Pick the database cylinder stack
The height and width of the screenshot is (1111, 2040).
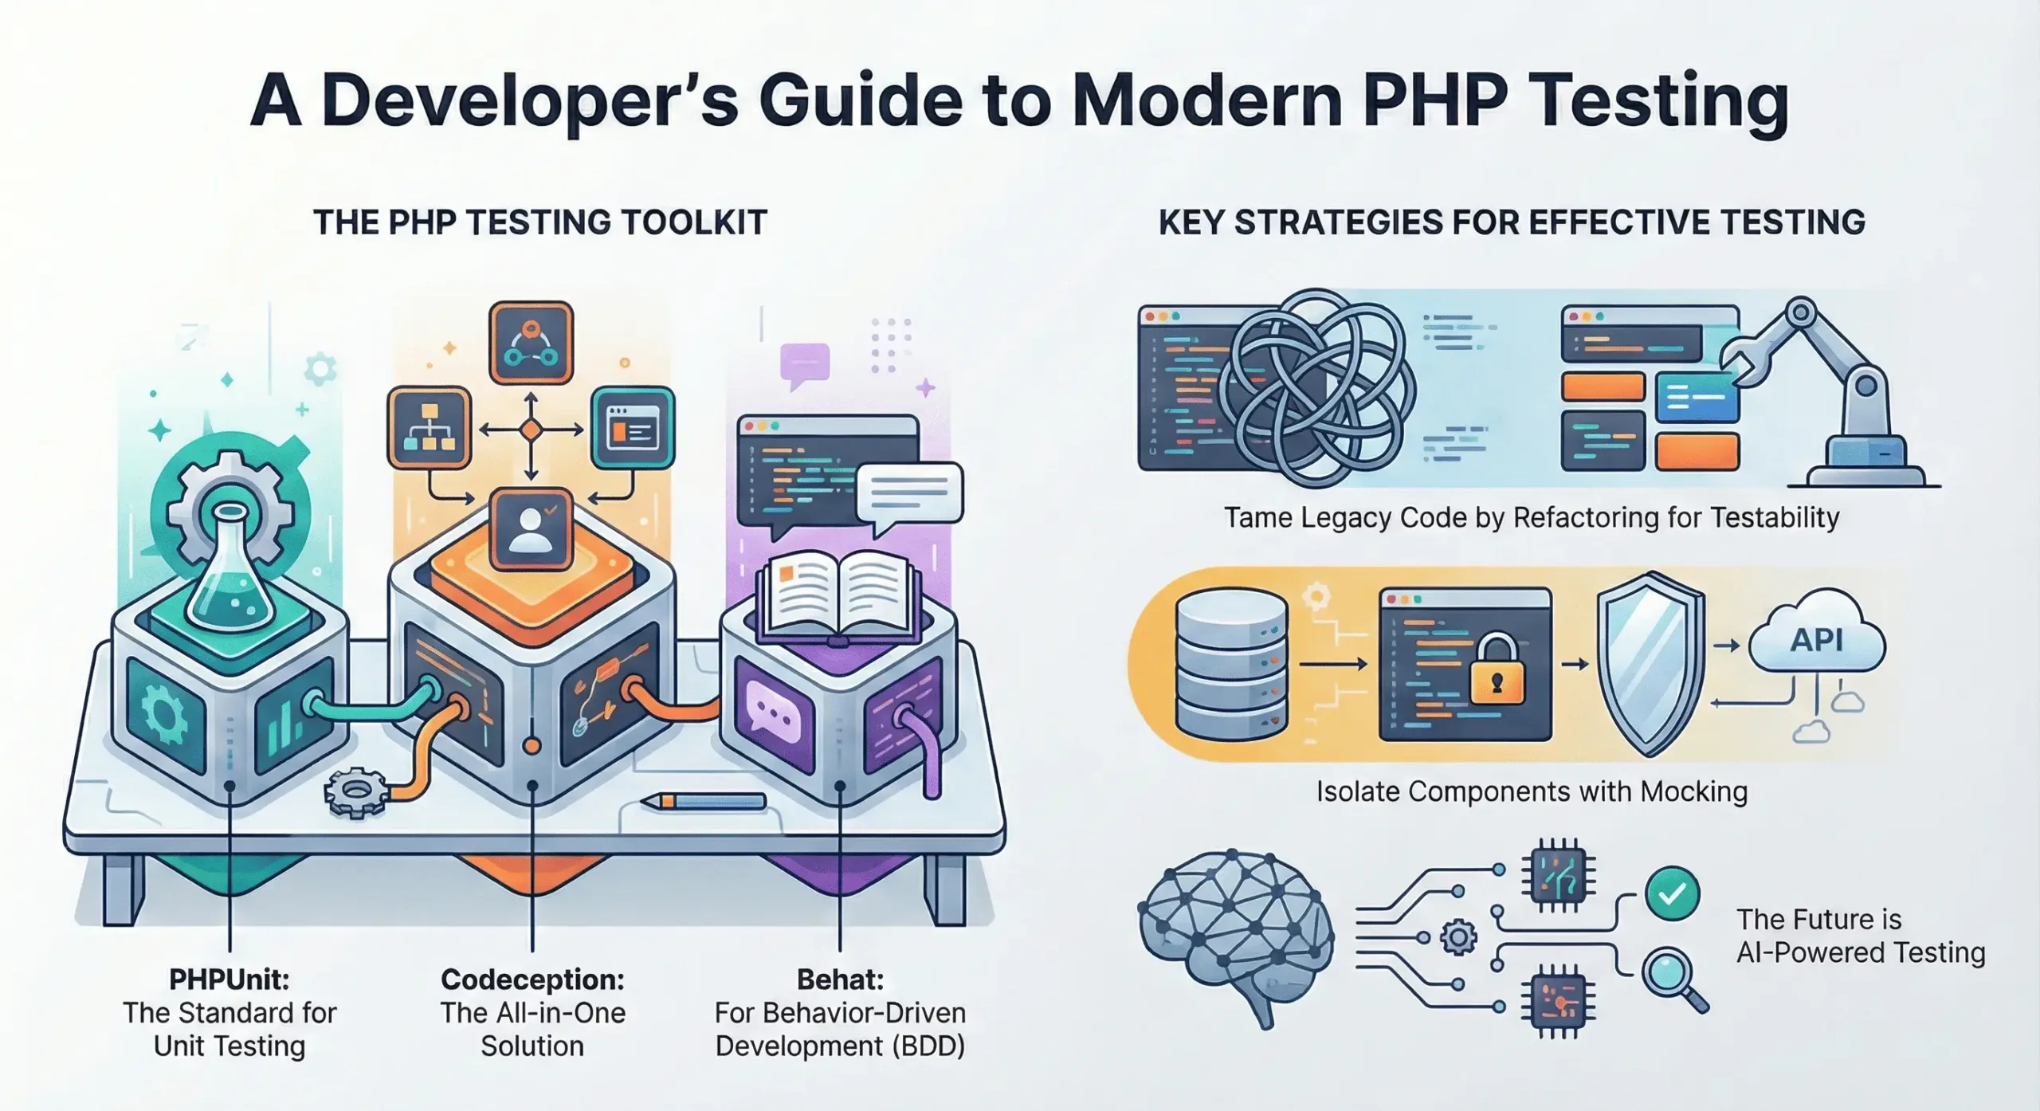(x=1230, y=665)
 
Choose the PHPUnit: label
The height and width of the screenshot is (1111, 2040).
(x=229, y=979)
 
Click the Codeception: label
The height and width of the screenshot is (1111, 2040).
(x=532, y=979)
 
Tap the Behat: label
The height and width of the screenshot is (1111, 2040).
(x=840, y=979)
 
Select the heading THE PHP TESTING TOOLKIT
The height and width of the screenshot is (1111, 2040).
(x=540, y=222)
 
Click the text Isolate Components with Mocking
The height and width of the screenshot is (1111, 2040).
(x=1532, y=791)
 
